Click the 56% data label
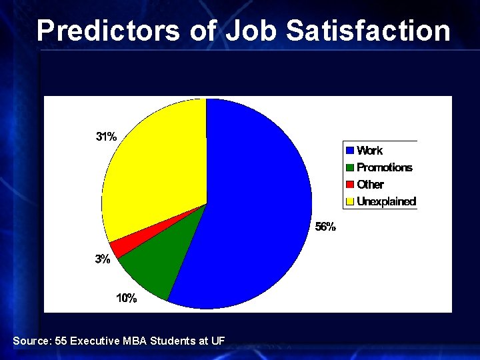tap(325, 227)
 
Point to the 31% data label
tap(107, 137)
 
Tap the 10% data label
tap(127, 298)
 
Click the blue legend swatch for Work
tap(349, 151)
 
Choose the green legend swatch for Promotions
tap(349, 167)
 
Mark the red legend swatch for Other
tap(349, 185)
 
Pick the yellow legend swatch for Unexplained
tap(349, 201)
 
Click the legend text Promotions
tap(385, 167)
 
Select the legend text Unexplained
tap(386, 201)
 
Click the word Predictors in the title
tap(108, 31)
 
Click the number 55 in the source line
tap(61, 341)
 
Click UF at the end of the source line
tap(218, 341)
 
